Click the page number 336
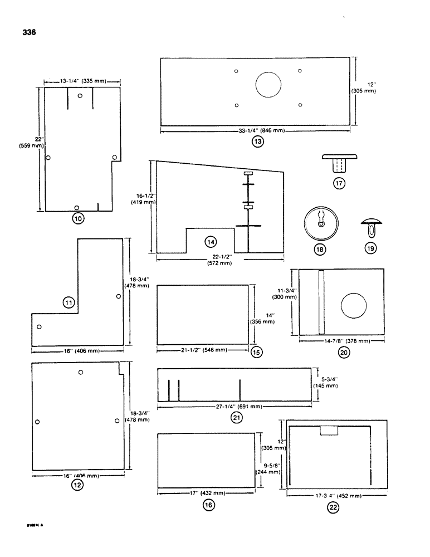tap(29, 32)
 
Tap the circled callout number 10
tap(78, 219)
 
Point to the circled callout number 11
tap(69, 302)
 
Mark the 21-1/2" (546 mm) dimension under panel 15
tap(202, 350)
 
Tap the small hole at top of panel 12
tap(81, 372)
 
